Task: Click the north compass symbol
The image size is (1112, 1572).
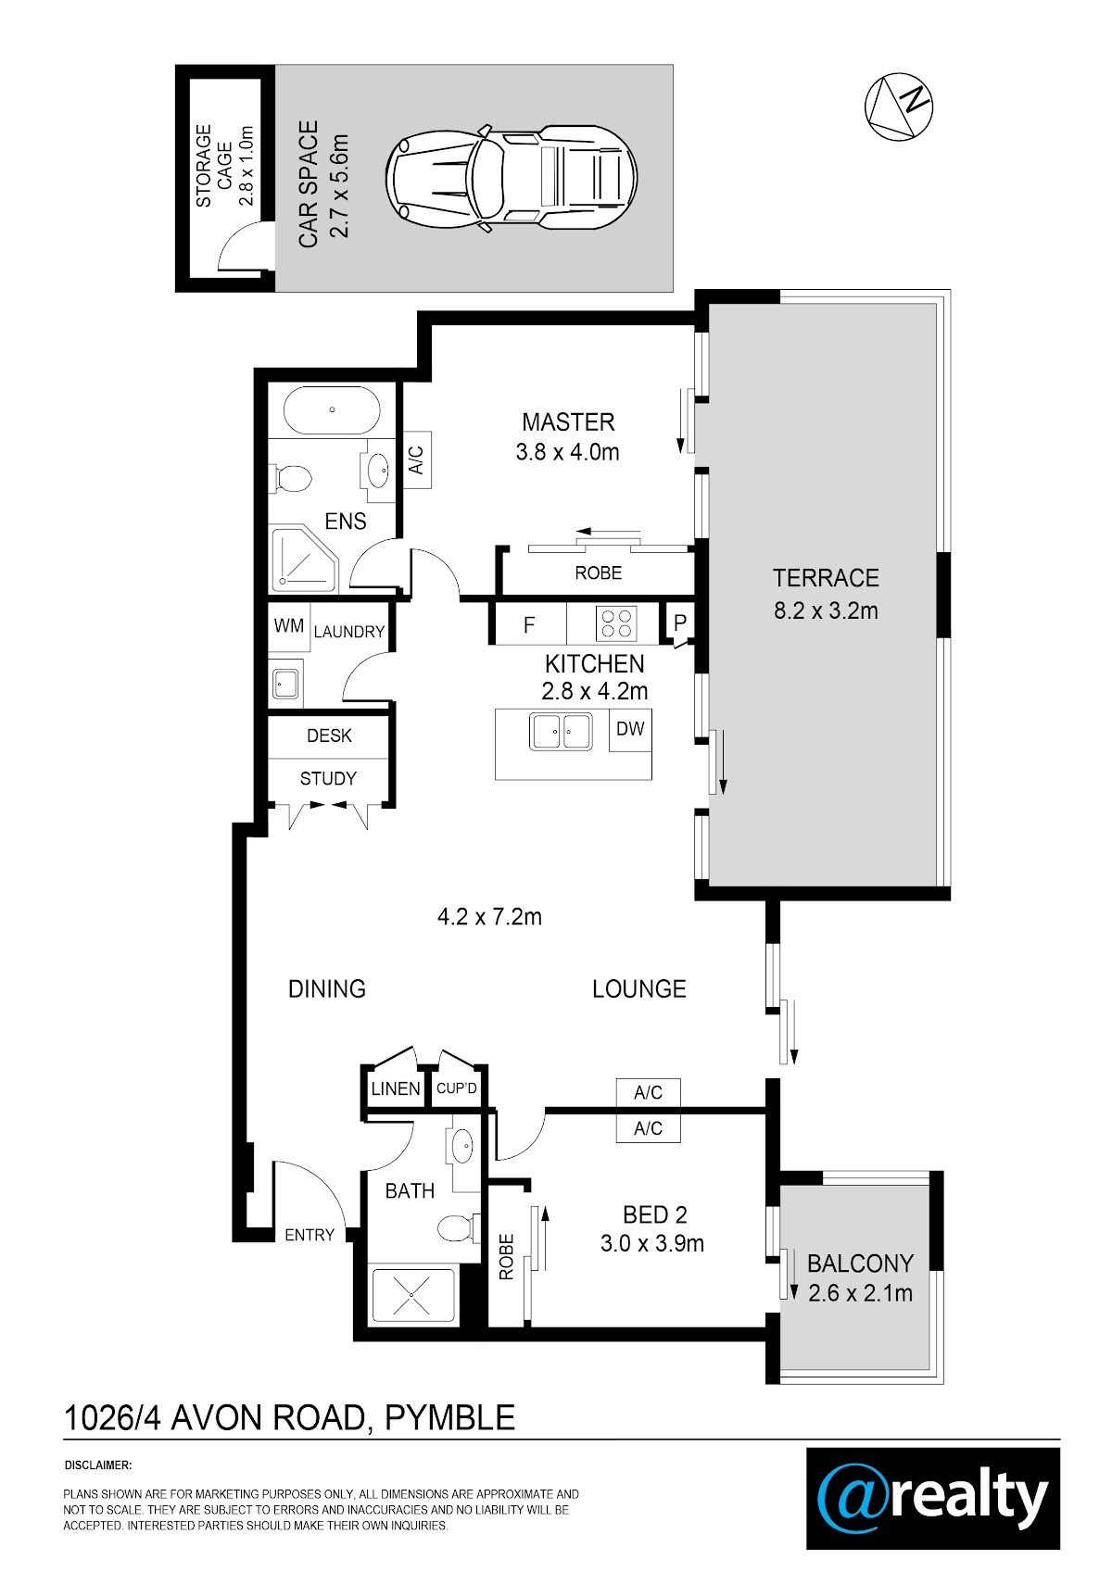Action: [898, 107]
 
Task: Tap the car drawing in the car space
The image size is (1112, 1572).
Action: [512, 178]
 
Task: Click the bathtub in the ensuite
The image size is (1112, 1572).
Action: [332, 409]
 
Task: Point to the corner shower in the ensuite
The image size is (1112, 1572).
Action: [303, 560]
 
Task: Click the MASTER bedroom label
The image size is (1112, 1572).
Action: [568, 421]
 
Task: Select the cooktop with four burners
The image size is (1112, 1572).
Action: [616, 623]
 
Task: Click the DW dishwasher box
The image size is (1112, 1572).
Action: [630, 730]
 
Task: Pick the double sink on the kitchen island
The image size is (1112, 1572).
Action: [561, 731]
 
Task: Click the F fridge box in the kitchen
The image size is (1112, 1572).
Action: [530, 623]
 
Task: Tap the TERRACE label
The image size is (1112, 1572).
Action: [826, 577]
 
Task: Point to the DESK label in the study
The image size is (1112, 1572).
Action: [329, 736]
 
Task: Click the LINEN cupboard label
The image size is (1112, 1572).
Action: [396, 1088]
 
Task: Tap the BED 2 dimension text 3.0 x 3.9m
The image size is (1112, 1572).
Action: [652, 1243]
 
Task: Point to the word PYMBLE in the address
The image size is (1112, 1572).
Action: [450, 1418]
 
